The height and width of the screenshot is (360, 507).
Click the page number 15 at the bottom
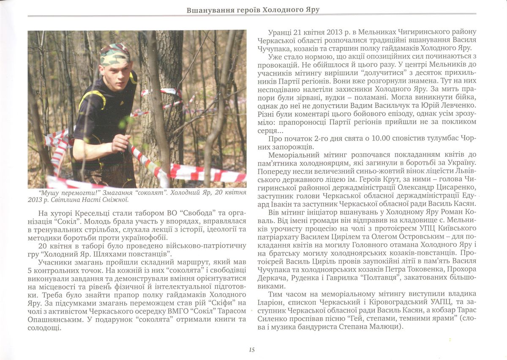251,349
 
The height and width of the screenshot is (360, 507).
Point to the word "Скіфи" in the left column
211,303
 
